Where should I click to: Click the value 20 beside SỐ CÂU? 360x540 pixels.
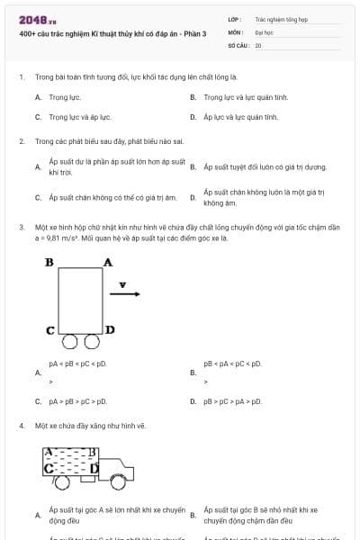[x=258, y=44]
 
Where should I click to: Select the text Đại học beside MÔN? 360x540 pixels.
[x=263, y=31]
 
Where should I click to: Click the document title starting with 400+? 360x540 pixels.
[x=112, y=33]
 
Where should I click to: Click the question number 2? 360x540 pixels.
[x=22, y=141]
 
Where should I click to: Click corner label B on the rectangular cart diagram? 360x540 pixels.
[x=49, y=262]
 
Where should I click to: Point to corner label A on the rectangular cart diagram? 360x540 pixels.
[x=107, y=262]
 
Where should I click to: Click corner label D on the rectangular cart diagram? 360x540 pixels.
[x=110, y=329]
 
